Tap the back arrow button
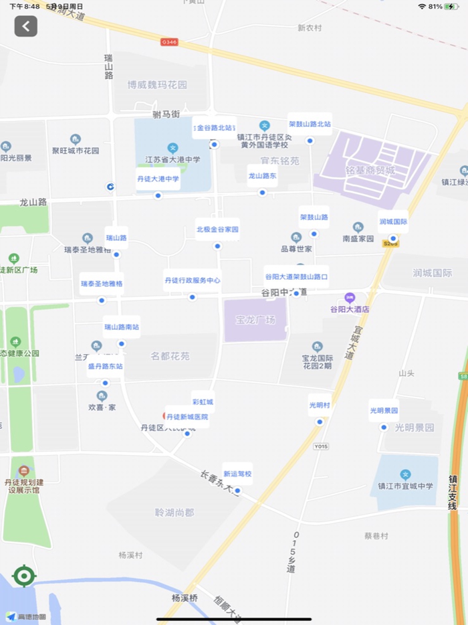click(26, 26)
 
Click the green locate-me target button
click(24, 575)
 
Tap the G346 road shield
click(169, 41)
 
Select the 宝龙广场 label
click(255, 320)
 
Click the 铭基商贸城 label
click(372, 171)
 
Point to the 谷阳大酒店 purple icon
click(349, 298)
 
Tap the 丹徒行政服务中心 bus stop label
click(192, 280)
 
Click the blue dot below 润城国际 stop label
click(393, 238)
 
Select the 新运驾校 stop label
click(237, 474)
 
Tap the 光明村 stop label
click(320, 406)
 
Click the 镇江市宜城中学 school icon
click(405, 474)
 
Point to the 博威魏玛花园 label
click(157, 85)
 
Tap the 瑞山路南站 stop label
click(122, 327)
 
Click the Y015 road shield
click(321, 446)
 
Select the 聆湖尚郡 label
click(174, 513)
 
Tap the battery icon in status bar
click(452, 6)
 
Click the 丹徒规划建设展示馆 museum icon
click(25, 471)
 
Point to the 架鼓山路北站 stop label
click(310, 124)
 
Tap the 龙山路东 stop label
click(262, 175)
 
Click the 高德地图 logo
click(27, 616)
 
